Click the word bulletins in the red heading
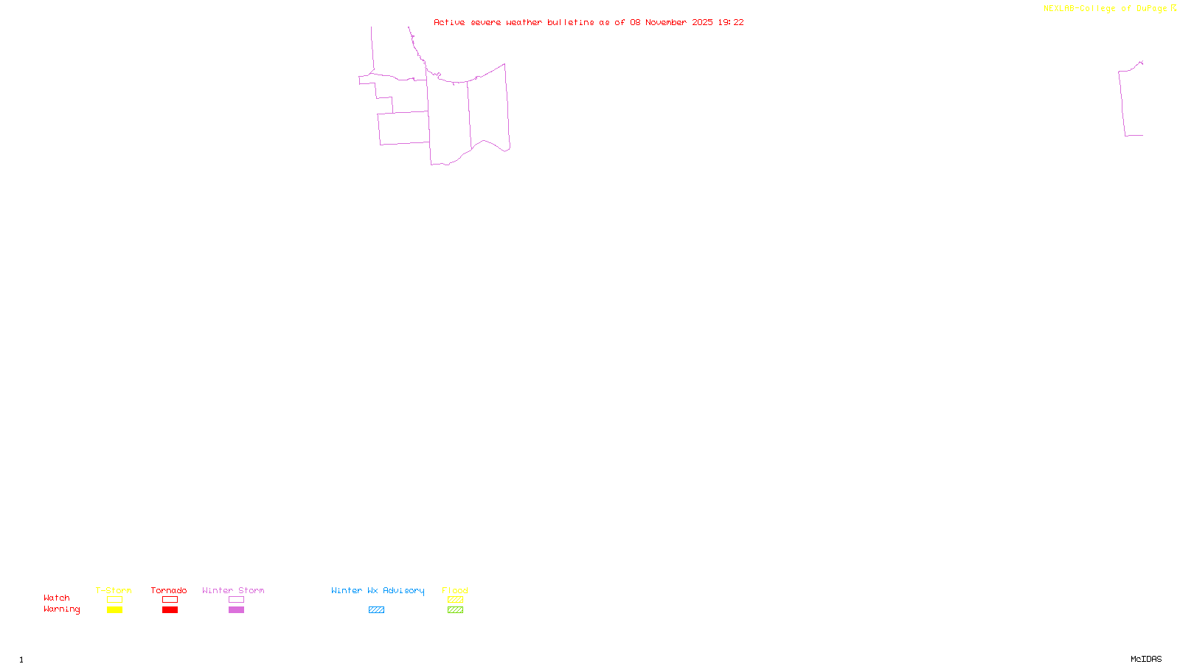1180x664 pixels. point(570,22)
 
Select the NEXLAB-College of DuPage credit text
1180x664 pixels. point(1106,8)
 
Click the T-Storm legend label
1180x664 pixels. point(114,590)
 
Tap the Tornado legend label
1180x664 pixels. point(169,590)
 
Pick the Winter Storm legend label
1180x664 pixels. point(233,590)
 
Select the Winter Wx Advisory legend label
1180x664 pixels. point(378,590)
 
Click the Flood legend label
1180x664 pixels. point(455,590)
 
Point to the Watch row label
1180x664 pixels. point(57,598)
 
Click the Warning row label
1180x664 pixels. point(61,609)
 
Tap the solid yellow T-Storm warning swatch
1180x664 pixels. point(114,610)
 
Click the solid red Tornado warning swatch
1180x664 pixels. point(170,610)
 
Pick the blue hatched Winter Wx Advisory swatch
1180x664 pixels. point(376,610)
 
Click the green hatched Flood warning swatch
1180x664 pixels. point(455,610)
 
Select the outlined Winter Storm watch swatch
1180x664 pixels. point(236,600)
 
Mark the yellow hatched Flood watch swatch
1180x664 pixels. point(455,600)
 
